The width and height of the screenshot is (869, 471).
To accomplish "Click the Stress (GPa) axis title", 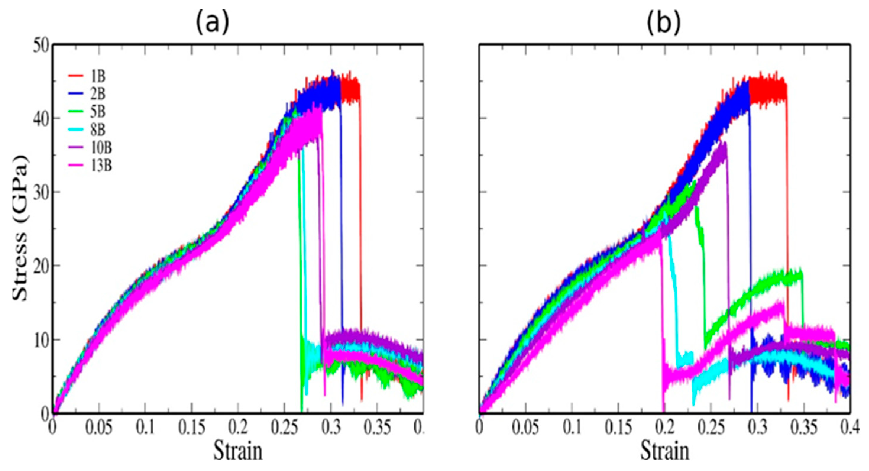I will [x=21, y=228].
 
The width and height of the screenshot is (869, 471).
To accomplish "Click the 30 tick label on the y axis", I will [x=41, y=192].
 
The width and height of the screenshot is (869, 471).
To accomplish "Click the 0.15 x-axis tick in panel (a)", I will [x=192, y=428].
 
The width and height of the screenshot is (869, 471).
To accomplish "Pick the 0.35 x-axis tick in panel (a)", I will [x=377, y=428].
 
